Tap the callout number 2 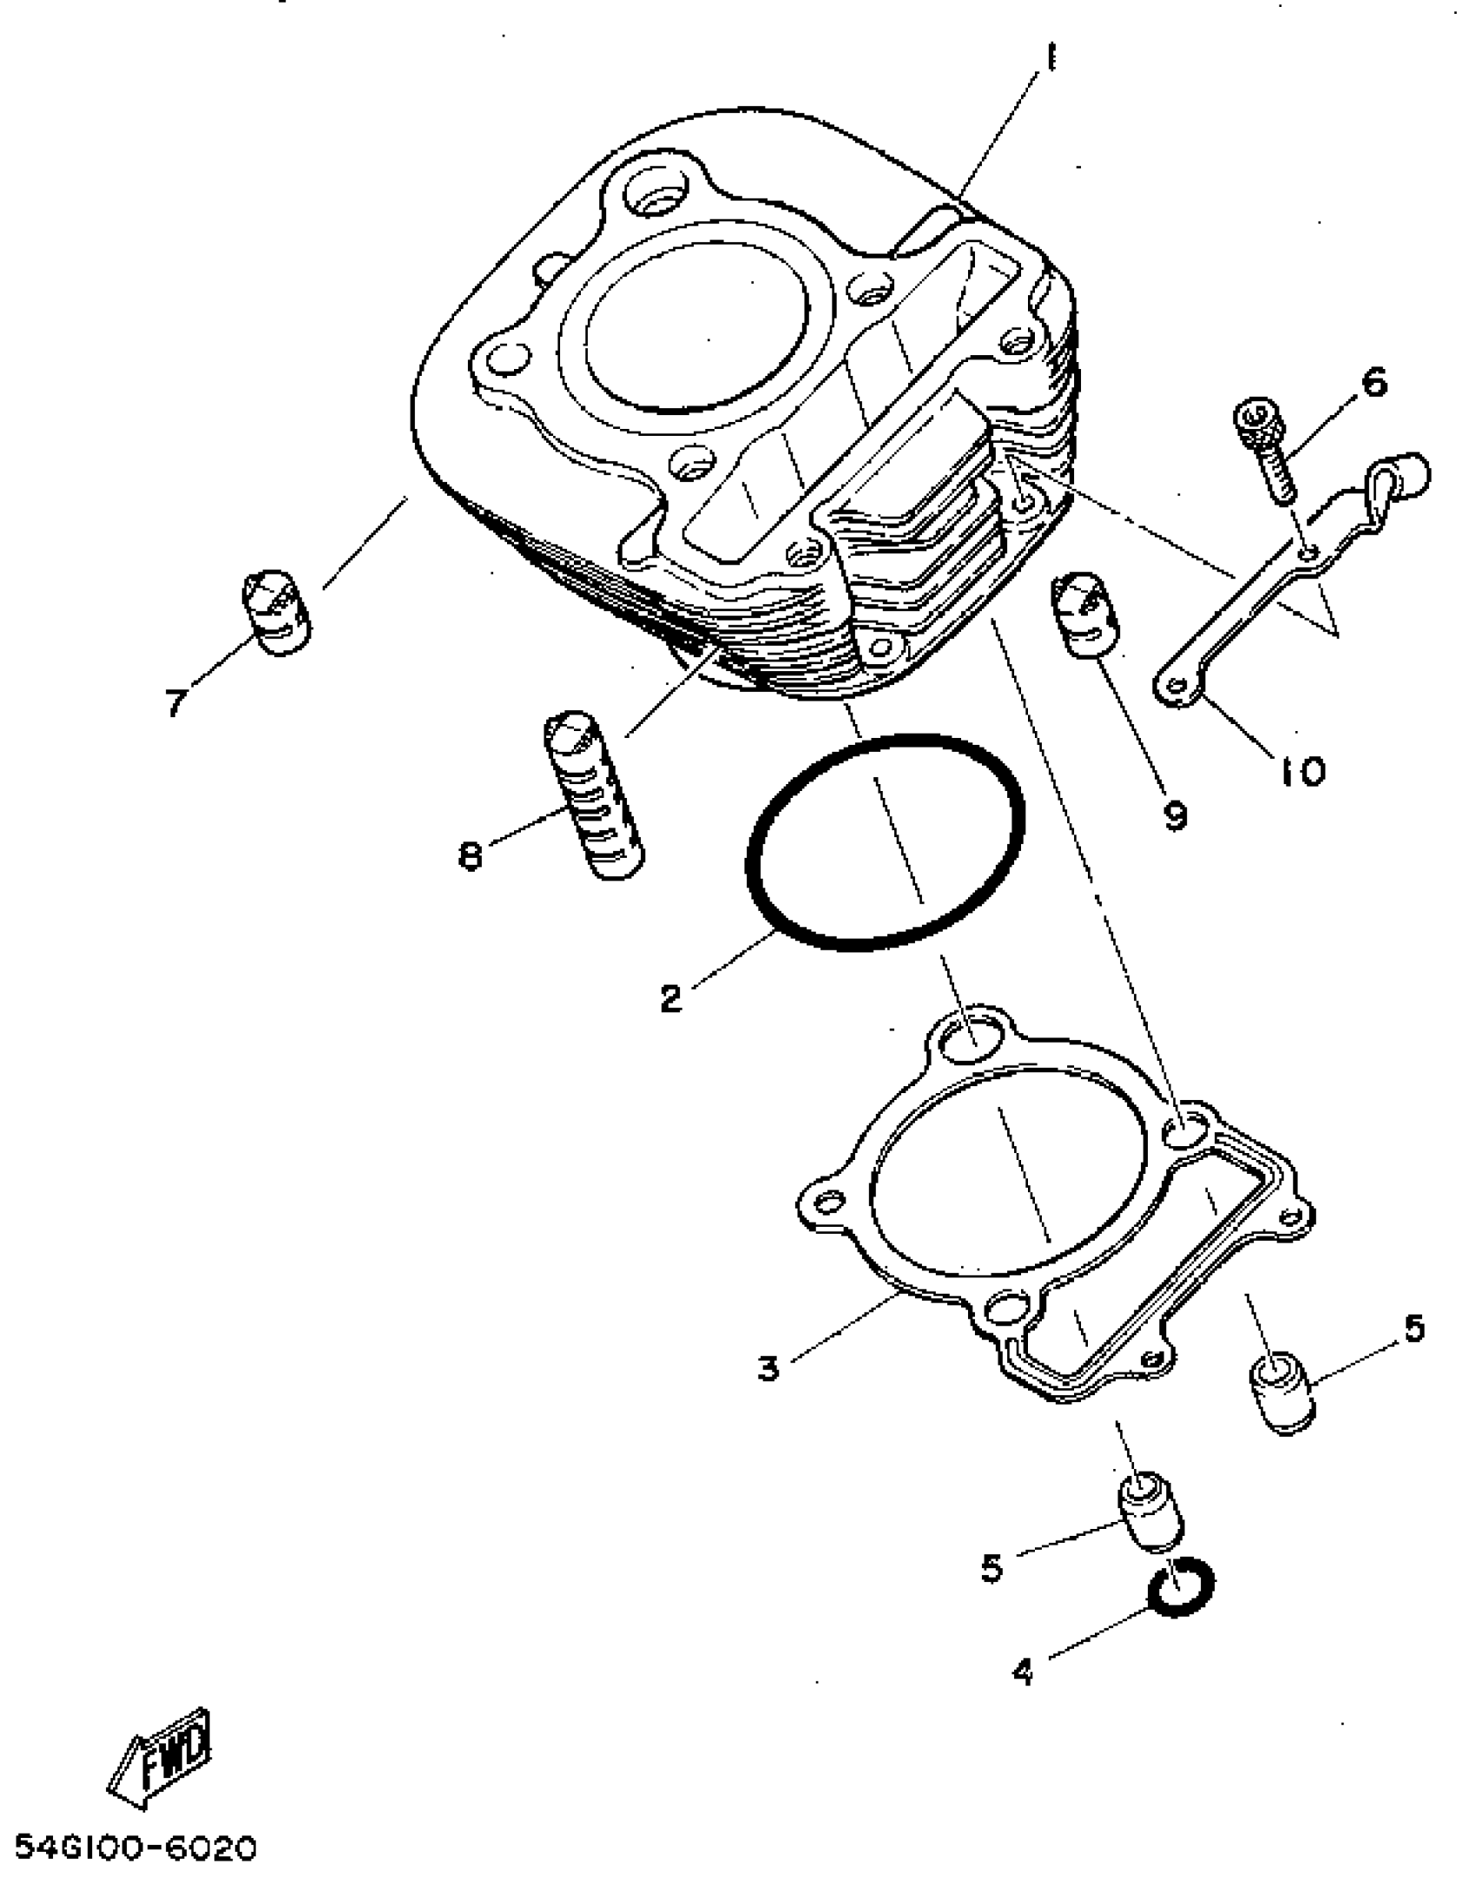pyautogui.click(x=670, y=998)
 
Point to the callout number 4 pyautogui.click(x=1024, y=1670)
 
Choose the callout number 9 pyautogui.click(x=1175, y=814)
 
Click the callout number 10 pyautogui.click(x=1303, y=769)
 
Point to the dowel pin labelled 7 pyautogui.click(x=276, y=612)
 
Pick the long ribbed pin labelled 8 pyautogui.click(x=594, y=794)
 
